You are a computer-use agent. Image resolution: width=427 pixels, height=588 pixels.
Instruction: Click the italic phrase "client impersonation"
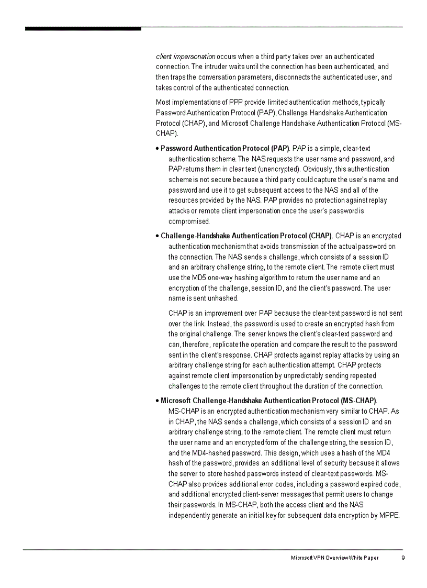[x=185, y=56]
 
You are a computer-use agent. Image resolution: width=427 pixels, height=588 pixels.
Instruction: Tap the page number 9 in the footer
[x=403, y=558]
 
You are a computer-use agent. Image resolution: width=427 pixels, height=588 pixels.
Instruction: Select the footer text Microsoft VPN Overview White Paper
[x=335, y=558]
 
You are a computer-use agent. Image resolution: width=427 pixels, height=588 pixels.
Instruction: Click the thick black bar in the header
[x=83, y=28]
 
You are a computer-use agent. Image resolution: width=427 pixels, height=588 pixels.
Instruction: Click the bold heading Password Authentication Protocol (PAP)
[x=224, y=149]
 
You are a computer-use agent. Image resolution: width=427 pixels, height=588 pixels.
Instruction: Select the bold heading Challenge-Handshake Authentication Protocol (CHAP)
[x=246, y=236]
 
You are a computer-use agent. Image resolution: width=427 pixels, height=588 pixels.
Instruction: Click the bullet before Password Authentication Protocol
[x=158, y=149]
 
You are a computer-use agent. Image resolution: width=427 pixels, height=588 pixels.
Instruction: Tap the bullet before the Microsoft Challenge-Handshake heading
[x=158, y=401]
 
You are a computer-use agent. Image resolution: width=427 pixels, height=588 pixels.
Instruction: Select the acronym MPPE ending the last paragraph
[x=389, y=515]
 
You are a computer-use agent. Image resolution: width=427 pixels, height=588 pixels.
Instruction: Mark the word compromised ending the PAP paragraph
[x=188, y=221]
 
